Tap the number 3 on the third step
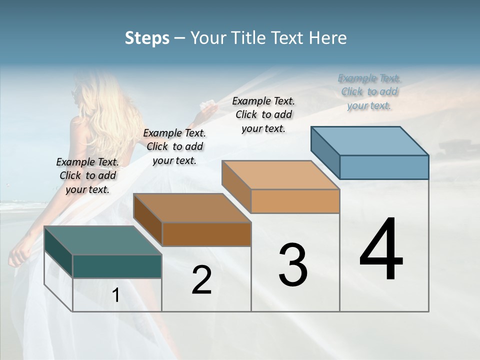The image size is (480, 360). (293, 265)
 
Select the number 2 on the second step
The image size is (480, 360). (201, 280)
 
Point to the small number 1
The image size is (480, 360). (116, 295)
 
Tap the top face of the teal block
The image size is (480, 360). (102, 240)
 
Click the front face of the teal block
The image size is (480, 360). (117, 266)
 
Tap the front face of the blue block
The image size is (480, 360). (384, 167)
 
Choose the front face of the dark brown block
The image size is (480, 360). (206, 234)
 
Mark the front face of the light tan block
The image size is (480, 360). (295, 201)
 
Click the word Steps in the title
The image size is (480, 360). (147, 38)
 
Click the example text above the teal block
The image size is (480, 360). (87, 175)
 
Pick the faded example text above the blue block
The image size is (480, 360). (369, 92)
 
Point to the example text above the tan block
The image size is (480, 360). (263, 114)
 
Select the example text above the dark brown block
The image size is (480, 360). (174, 146)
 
